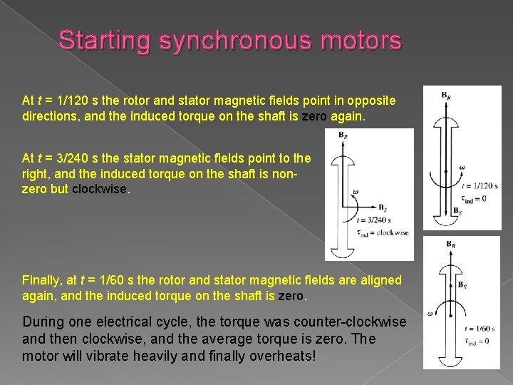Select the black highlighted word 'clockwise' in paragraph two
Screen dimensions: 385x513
(99, 190)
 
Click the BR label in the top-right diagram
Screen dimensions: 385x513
(445, 95)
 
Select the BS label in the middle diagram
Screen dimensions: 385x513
(383, 208)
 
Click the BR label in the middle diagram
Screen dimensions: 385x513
(343, 135)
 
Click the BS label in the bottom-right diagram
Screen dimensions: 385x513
(462, 284)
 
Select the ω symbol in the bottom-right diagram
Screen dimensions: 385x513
(430, 314)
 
